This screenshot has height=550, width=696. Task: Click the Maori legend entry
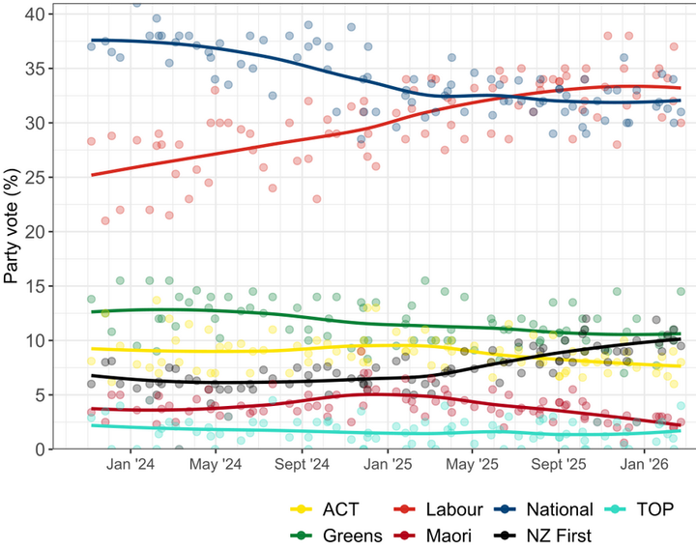coord(441,535)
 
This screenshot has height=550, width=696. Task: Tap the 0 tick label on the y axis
coord(40,449)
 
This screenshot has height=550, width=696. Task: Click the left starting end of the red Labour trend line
coord(92,175)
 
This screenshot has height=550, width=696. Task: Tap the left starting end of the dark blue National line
coord(92,41)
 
